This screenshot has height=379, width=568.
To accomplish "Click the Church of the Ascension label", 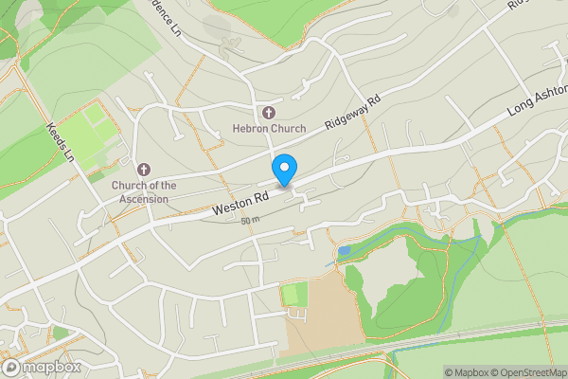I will (x=144, y=192).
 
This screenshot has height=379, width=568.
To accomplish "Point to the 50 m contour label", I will (x=250, y=221).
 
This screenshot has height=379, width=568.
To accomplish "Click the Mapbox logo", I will (x=42, y=367).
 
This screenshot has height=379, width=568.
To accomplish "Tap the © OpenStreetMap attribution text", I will (x=528, y=371).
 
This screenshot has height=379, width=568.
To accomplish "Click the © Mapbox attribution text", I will (x=465, y=371).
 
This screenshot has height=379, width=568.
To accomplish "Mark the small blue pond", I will (x=343, y=251).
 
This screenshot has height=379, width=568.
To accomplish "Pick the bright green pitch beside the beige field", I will (x=295, y=295).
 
